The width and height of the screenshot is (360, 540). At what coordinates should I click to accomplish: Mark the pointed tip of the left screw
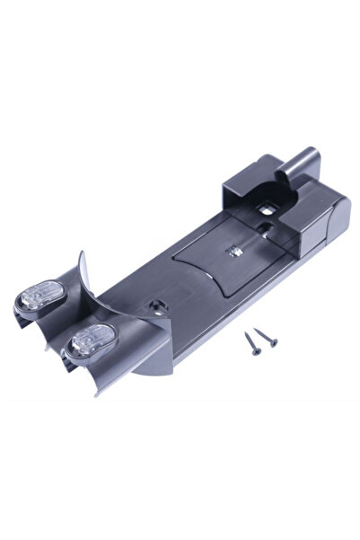pyautogui.click(x=254, y=351)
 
